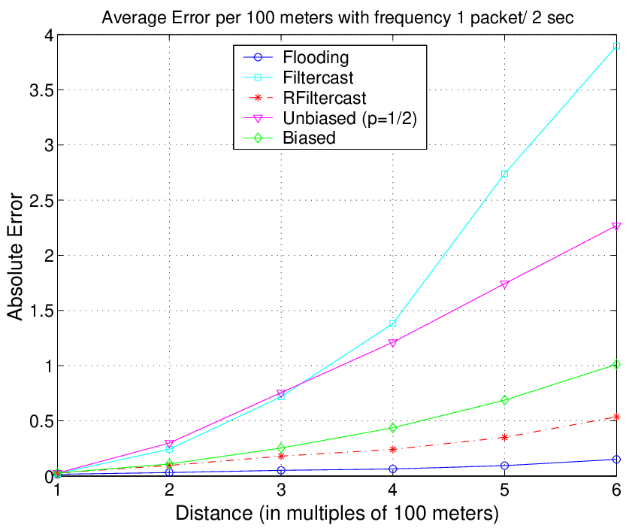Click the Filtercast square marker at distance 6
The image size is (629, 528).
[x=616, y=46]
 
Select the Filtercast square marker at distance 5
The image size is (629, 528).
[x=505, y=174]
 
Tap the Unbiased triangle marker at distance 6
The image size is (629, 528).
[x=616, y=226]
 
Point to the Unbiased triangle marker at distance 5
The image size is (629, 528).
[x=505, y=284]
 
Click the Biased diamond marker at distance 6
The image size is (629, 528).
[x=616, y=365]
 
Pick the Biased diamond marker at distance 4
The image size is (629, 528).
[x=393, y=428]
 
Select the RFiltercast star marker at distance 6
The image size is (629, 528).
[x=616, y=417]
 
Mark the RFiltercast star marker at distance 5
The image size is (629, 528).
[x=505, y=437]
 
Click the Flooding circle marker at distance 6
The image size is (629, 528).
[x=616, y=460]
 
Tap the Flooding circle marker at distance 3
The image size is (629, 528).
[x=281, y=470]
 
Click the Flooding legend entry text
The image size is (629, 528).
[x=316, y=57]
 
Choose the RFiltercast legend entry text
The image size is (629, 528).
[x=325, y=98]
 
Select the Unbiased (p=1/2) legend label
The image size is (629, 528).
[x=349, y=118]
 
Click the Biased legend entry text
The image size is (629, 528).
[x=309, y=138]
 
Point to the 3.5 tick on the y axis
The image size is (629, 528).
[x=42, y=90]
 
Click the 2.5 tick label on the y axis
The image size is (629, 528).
[x=42, y=200]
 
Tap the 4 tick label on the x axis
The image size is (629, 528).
[x=393, y=490]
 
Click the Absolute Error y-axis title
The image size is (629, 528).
[x=15, y=256]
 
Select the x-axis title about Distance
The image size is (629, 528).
[x=337, y=513]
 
